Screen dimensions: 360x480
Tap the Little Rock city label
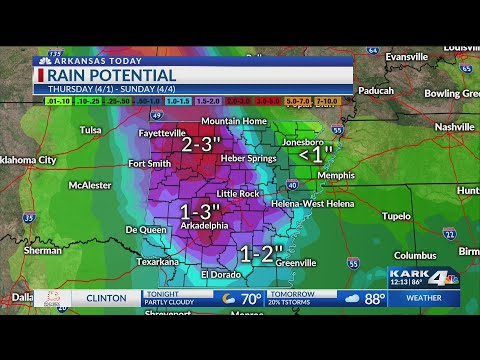click(x=238, y=194)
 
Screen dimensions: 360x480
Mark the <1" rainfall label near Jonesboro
click(x=316, y=155)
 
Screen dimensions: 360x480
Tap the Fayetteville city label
click(x=162, y=133)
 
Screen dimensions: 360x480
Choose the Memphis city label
click(x=335, y=175)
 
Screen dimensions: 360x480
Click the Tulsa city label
click(x=91, y=130)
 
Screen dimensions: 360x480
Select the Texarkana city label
click(x=158, y=262)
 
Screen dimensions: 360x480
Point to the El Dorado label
click(x=221, y=274)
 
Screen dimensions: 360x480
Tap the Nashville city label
click(x=454, y=127)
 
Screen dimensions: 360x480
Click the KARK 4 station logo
click(x=422, y=278)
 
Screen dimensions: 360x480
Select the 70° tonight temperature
click(x=251, y=298)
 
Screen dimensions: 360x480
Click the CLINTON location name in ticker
click(x=105, y=298)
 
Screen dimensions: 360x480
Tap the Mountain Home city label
click(x=234, y=121)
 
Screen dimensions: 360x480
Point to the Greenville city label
click(x=296, y=263)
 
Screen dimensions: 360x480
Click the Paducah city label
click(x=376, y=90)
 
